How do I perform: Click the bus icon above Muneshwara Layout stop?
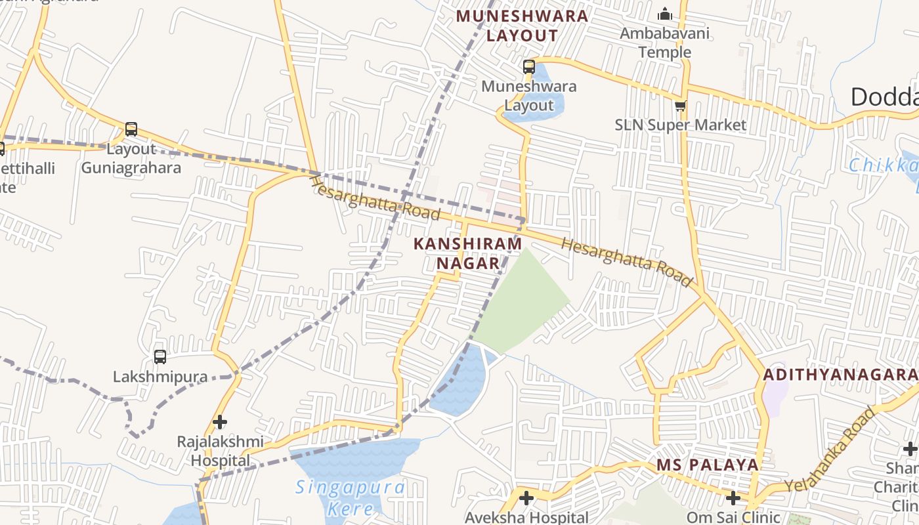(x=529, y=66)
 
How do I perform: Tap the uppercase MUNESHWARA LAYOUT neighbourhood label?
(x=522, y=26)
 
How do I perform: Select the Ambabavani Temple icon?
(x=665, y=14)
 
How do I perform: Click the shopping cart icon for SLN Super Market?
(x=681, y=106)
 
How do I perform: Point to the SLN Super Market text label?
(x=681, y=125)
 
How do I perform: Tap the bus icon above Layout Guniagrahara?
(x=131, y=129)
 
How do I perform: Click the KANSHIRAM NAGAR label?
(x=468, y=253)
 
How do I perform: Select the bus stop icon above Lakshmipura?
(x=160, y=357)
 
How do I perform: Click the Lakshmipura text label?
(x=160, y=377)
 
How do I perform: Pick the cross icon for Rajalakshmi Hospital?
(x=221, y=421)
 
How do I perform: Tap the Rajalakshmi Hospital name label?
(x=220, y=451)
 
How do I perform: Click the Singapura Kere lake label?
(x=350, y=497)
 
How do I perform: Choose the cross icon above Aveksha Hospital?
(x=526, y=498)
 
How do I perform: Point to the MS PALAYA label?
(x=708, y=465)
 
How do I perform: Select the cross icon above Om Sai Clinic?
(x=733, y=498)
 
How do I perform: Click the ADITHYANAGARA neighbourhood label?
(x=840, y=375)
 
